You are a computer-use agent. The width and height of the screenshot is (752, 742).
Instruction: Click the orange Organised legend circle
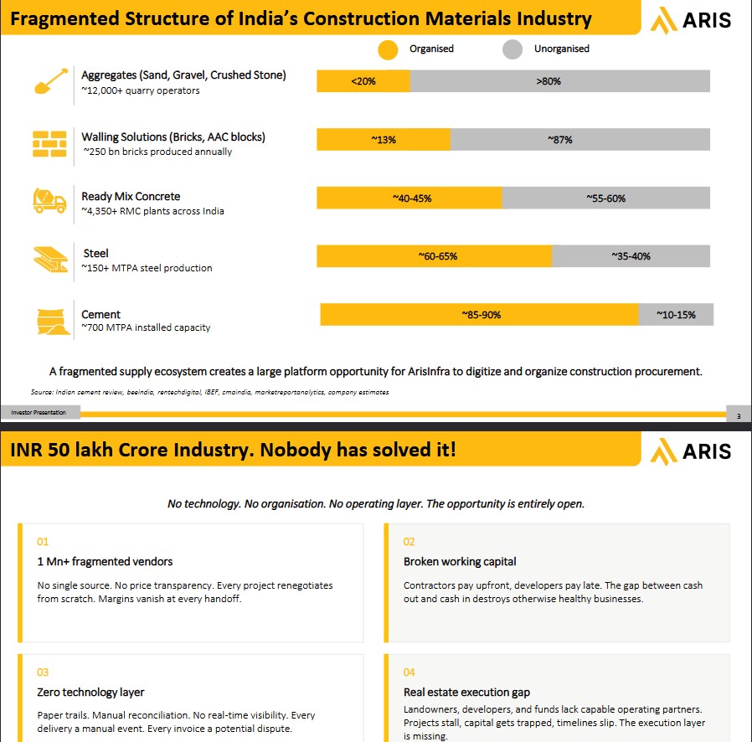pyautogui.click(x=388, y=50)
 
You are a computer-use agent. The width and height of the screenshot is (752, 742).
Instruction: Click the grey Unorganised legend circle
pyautogui.click(x=512, y=49)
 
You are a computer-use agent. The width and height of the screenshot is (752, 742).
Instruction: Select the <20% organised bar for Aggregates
pyautogui.click(x=363, y=81)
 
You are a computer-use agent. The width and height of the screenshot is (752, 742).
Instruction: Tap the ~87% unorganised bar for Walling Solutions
pyautogui.click(x=580, y=140)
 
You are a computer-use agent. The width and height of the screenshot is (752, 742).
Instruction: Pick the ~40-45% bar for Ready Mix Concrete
pyautogui.click(x=409, y=198)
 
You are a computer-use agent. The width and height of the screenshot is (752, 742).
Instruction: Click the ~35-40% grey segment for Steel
pyautogui.click(x=631, y=256)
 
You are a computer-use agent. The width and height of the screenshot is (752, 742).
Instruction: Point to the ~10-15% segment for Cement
pyautogui.click(x=677, y=315)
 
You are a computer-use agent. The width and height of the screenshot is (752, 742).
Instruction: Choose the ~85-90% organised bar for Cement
pyautogui.click(x=480, y=315)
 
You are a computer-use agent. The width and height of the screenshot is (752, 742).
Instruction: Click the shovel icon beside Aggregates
pyautogui.click(x=51, y=81)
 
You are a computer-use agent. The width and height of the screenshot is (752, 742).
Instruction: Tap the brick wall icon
pyautogui.click(x=49, y=144)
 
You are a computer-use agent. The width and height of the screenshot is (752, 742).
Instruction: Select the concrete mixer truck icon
pyautogui.click(x=49, y=200)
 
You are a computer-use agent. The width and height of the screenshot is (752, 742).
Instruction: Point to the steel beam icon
pyautogui.click(x=51, y=260)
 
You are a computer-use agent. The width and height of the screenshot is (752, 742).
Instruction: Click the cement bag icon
pyautogui.click(x=53, y=322)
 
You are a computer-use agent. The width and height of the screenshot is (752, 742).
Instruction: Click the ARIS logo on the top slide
pyautogui.click(x=691, y=20)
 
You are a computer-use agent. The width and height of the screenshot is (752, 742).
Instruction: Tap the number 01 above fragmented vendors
pyautogui.click(x=43, y=542)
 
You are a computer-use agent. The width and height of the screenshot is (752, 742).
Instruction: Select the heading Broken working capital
pyautogui.click(x=460, y=562)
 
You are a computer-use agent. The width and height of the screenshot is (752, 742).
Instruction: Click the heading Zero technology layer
pyautogui.click(x=90, y=692)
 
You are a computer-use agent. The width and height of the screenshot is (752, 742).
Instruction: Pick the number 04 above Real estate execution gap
pyautogui.click(x=409, y=672)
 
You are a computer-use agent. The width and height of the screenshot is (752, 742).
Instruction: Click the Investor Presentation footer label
pyautogui.click(x=39, y=413)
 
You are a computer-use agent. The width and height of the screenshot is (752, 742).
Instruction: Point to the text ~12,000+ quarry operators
pyautogui.click(x=141, y=90)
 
